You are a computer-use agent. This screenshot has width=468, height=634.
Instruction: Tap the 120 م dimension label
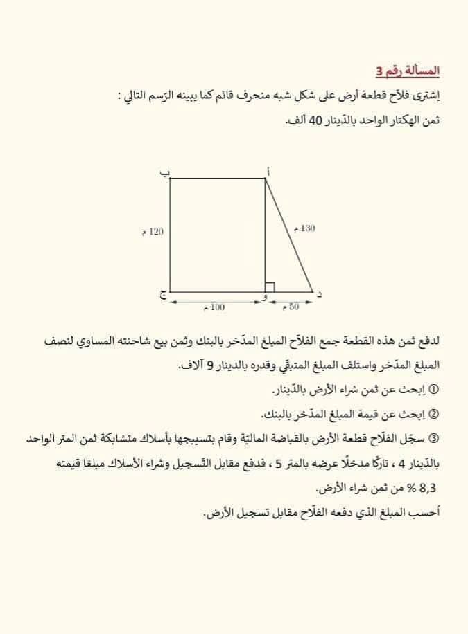[153, 231]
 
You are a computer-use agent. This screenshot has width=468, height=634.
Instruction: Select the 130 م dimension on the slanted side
[304, 228]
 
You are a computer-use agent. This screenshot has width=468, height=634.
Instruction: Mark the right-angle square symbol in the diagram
[270, 287]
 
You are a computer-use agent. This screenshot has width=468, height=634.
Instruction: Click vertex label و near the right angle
[263, 298]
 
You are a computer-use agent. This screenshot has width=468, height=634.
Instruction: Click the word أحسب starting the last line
[426, 513]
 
